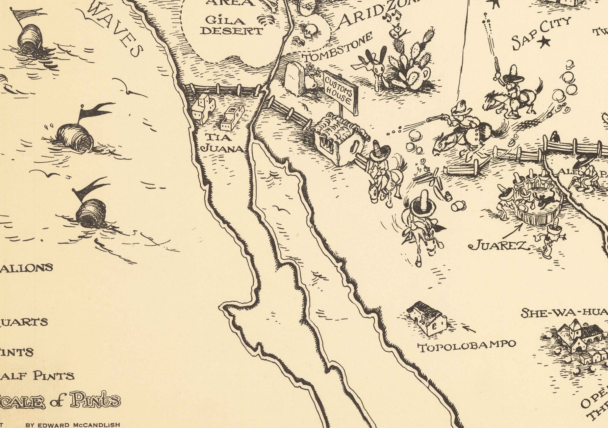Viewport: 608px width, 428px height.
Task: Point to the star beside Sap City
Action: tap(544, 42)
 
